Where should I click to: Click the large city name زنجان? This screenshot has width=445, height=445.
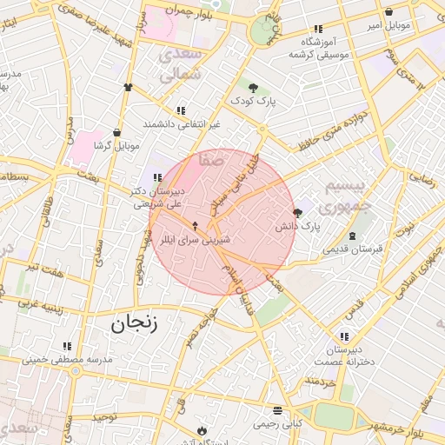click(136, 324)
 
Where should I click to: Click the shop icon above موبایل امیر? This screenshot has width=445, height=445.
click(388, 12)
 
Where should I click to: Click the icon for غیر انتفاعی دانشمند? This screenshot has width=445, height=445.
click(181, 111)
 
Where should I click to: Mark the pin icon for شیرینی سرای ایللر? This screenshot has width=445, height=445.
click(195, 226)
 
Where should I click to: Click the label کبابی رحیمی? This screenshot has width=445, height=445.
click(276, 424)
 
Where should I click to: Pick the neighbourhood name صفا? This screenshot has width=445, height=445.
click(211, 160)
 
